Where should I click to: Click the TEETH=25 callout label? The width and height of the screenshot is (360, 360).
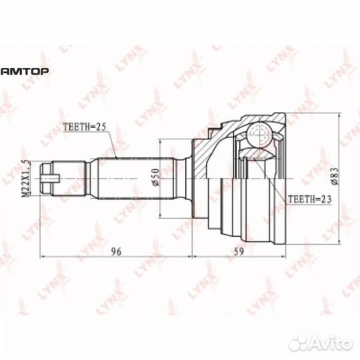[x=85, y=127]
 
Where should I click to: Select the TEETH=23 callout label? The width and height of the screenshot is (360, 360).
[x=310, y=199]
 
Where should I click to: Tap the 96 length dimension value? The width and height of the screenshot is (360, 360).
[x=116, y=252]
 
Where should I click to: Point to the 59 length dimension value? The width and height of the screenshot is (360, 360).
[x=239, y=252]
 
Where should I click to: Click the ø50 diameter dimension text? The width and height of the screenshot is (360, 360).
[x=155, y=177]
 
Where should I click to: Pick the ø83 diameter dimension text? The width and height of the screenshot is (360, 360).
[x=335, y=176]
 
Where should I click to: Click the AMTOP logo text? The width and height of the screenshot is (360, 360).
[x=25, y=71]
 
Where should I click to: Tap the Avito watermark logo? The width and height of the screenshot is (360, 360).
[x=321, y=344]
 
